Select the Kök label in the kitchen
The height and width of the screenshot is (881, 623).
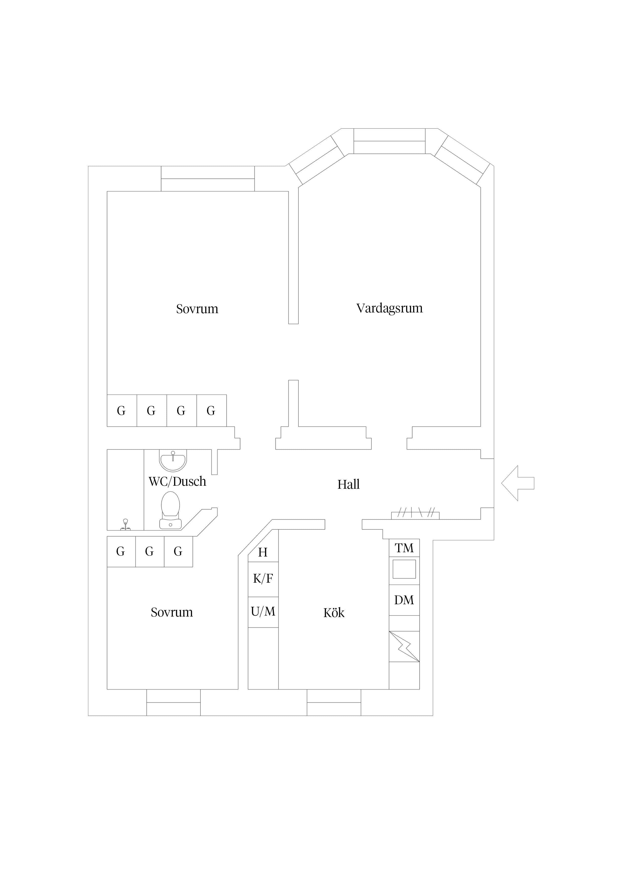(x=334, y=613)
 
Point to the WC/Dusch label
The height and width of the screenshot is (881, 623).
(x=177, y=481)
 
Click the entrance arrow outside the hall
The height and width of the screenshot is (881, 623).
(x=517, y=483)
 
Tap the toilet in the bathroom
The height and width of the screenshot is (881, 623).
(x=170, y=510)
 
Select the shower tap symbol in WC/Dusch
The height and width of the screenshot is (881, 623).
(x=125, y=525)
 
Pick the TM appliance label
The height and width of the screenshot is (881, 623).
(x=404, y=548)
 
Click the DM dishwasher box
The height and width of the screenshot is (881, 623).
(x=404, y=600)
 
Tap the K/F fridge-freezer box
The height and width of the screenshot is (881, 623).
(x=263, y=579)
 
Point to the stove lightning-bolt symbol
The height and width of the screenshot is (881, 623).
(x=404, y=646)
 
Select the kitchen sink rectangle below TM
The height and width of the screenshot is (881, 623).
(x=404, y=569)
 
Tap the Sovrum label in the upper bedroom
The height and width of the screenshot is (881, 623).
(x=197, y=309)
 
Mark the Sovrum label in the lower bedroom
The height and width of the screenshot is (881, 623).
(x=172, y=612)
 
